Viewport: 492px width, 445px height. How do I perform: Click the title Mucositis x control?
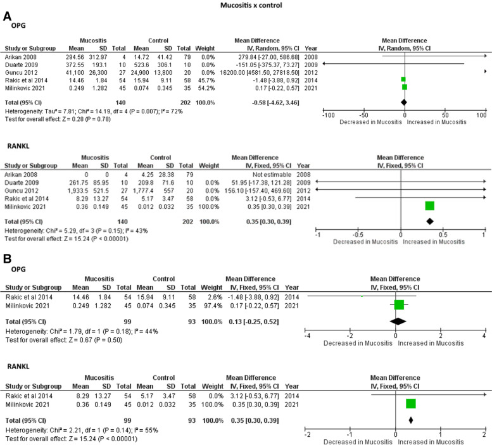click(x=246, y=5)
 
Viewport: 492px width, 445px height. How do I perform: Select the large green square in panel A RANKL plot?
click(x=429, y=204)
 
